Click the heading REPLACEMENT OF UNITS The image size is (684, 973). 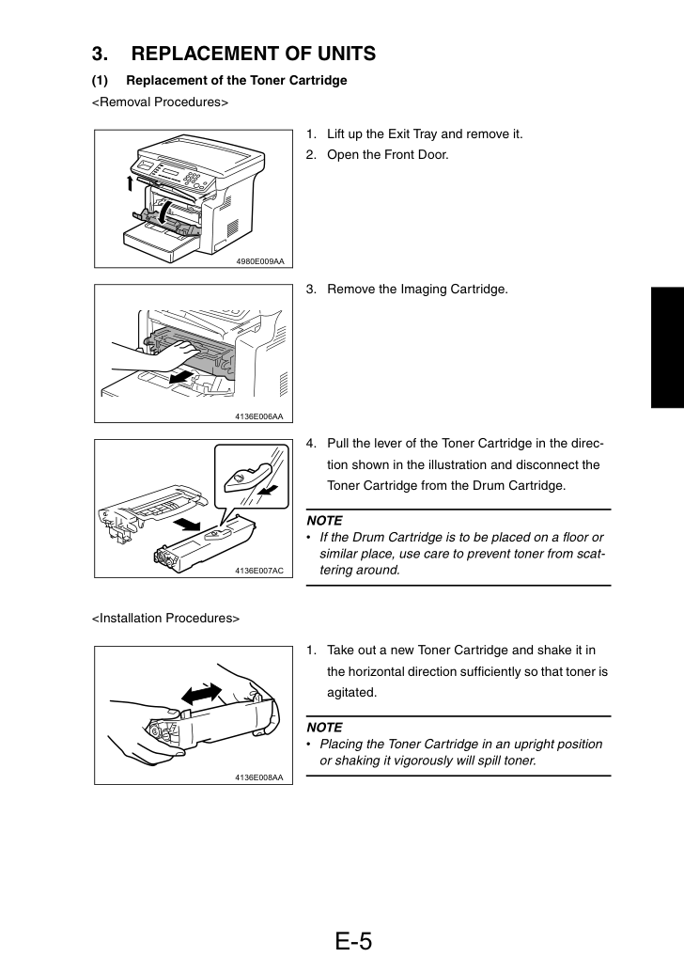253,54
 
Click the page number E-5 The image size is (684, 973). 353,941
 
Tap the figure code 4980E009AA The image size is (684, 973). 260,261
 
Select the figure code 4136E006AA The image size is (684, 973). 259,416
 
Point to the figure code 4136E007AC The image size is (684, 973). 259,571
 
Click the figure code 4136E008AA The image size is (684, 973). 259,777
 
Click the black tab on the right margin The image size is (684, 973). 667,348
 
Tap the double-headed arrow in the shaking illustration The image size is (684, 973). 199,693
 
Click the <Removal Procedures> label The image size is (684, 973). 160,102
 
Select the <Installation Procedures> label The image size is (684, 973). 165,618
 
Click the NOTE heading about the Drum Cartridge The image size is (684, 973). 324,521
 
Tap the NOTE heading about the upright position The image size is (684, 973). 324,728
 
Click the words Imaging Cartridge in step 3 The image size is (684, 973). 452,290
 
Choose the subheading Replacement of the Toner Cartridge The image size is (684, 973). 236,81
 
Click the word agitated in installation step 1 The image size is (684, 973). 350,693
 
